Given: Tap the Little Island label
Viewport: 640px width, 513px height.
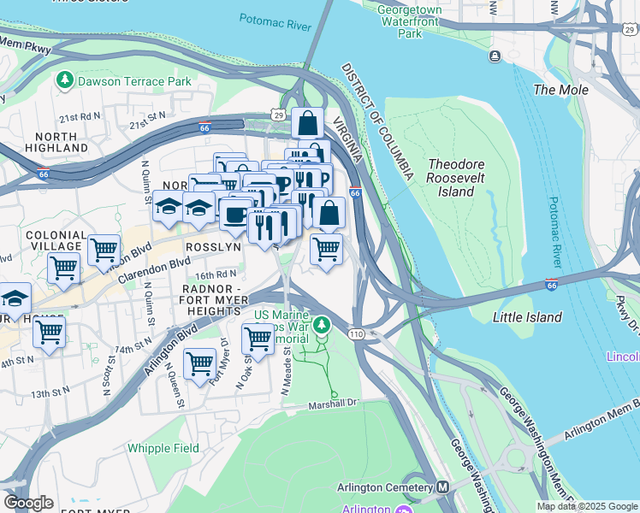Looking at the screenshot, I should pos(528,317).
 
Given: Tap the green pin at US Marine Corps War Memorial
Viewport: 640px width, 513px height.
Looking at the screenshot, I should pos(321,325).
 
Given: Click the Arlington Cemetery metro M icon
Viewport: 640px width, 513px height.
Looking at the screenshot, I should pos(442,487).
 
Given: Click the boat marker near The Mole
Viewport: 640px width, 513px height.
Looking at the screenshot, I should pos(495,56).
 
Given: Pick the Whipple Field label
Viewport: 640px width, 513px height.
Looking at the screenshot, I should pos(163,448).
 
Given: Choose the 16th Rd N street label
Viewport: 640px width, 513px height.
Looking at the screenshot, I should pos(215,276).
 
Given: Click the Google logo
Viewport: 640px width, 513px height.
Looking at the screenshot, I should pos(28,503).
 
